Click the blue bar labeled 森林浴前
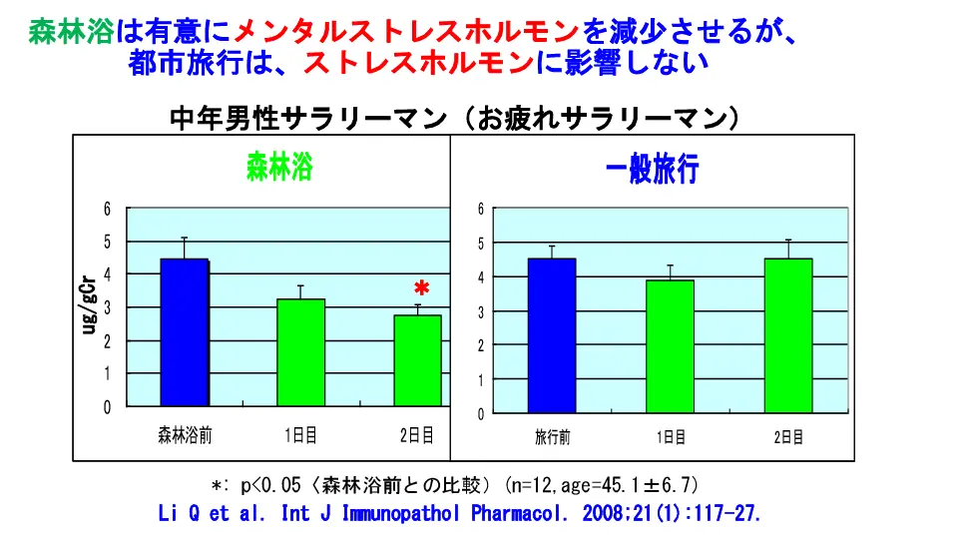(x=184, y=332)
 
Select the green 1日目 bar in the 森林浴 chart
(x=300, y=352)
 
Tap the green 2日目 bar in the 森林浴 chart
(x=417, y=360)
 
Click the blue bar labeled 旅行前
(x=552, y=335)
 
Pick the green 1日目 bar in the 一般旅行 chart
(x=670, y=346)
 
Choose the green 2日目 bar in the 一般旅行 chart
(x=788, y=335)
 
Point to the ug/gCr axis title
(x=89, y=305)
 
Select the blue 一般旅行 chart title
(x=653, y=171)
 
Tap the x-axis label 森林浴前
(x=185, y=435)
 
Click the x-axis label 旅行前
(x=552, y=437)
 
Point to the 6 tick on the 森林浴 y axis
(x=108, y=208)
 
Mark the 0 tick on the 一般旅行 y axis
(x=480, y=413)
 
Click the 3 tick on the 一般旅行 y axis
(x=480, y=311)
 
